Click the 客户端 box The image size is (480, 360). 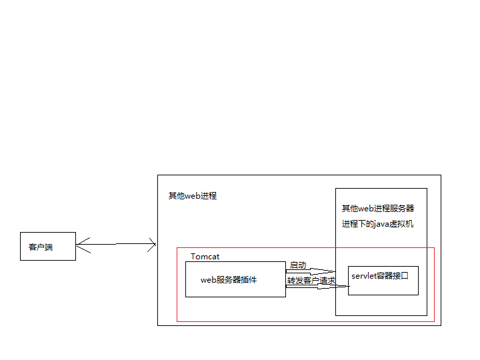coord(47,247)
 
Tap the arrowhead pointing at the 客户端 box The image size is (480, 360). coord(79,242)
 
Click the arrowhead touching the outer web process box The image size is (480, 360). coord(153,245)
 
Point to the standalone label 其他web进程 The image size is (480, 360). coord(192,196)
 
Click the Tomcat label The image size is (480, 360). coord(205,257)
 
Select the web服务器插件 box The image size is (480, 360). coord(235,279)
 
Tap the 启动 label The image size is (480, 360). coord(297,265)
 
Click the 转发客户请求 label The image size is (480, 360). coord(311,281)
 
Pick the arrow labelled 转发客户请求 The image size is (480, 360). coord(317,287)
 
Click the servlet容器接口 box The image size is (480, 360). coord(383,280)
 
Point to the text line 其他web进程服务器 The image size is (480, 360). coord(377,209)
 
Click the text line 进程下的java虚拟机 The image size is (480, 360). coord(377,224)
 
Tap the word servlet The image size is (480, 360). coord(363,276)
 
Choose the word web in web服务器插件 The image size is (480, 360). coord(209,280)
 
